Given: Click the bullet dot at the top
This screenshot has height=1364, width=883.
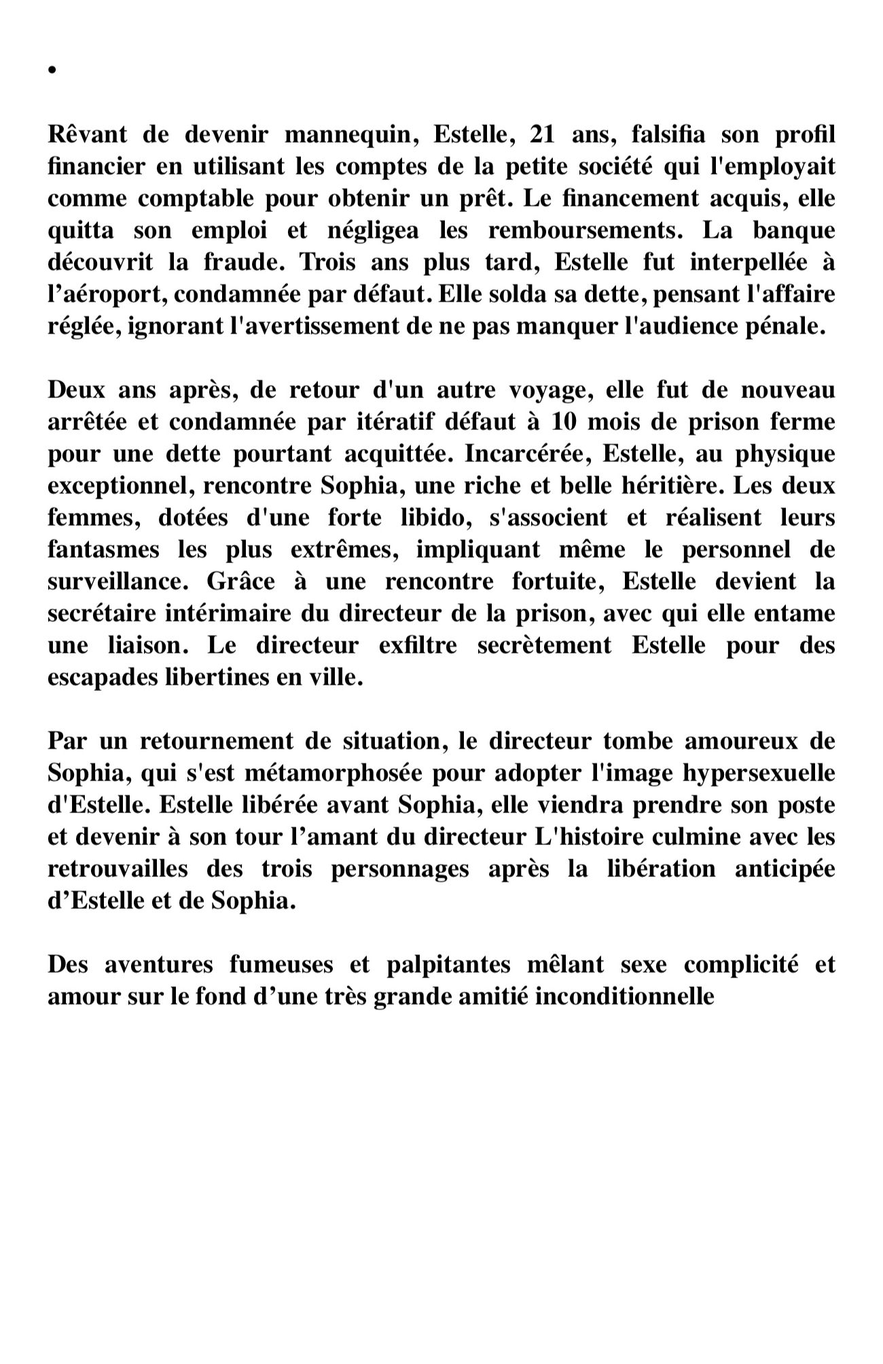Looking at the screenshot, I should pyautogui.click(x=52, y=70).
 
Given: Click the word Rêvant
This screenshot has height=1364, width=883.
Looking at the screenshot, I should pyautogui.click(x=87, y=134).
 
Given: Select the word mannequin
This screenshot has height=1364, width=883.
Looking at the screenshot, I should pyautogui.click(x=348, y=134).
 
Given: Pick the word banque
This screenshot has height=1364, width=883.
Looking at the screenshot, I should pyautogui.click(x=793, y=230).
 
